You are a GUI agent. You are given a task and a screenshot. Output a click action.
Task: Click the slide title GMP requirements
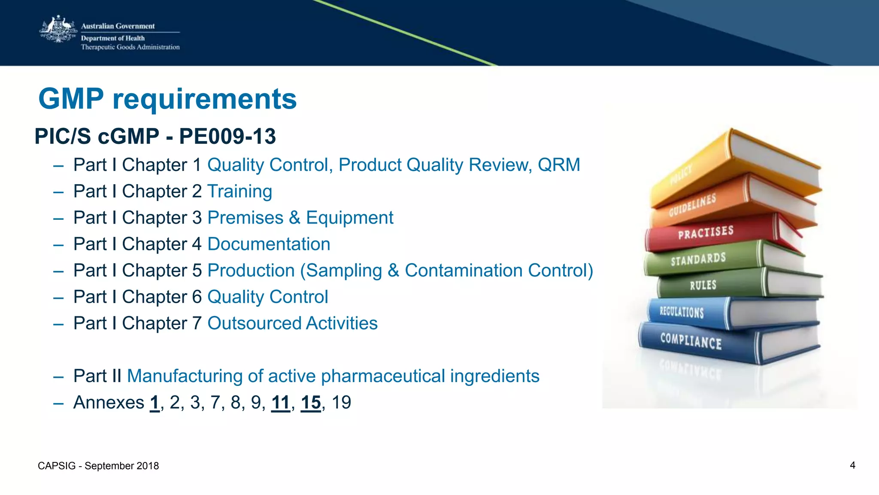pyautogui.click(x=167, y=99)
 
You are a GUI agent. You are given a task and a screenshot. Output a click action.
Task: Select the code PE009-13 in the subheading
pyautogui.click(x=227, y=137)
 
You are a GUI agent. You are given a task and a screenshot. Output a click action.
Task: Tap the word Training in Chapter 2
pyautogui.click(x=239, y=191)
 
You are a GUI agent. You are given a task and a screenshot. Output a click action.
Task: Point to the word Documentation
pyautogui.click(x=269, y=244)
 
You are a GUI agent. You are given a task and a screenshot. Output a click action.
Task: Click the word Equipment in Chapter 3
pyautogui.click(x=349, y=218)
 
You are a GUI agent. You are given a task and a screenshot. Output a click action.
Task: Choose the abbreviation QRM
pyautogui.click(x=559, y=165)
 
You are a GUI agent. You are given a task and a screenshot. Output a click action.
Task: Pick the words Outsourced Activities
pyautogui.click(x=292, y=323)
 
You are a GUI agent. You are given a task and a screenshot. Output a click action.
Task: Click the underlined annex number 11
pyautogui.click(x=281, y=403)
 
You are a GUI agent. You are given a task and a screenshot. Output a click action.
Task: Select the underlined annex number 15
pyautogui.click(x=311, y=403)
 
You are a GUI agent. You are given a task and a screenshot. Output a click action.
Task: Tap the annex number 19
pyautogui.click(x=341, y=403)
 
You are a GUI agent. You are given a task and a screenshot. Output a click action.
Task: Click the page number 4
pyautogui.click(x=852, y=465)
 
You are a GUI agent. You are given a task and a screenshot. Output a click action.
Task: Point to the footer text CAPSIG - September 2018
pyautogui.click(x=98, y=466)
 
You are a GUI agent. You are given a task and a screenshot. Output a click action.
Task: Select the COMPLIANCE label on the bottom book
pyautogui.click(x=691, y=341)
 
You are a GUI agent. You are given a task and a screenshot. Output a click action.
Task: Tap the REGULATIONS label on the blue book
pyautogui.click(x=682, y=312)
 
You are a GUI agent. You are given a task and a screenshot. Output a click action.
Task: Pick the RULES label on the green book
pyautogui.click(x=703, y=285)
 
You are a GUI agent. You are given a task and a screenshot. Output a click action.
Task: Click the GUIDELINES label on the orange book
pyautogui.click(x=692, y=205)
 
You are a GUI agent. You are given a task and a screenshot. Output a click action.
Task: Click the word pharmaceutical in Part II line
pyautogui.click(x=383, y=376)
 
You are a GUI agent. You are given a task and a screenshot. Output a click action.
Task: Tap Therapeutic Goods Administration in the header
pyautogui.click(x=130, y=47)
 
